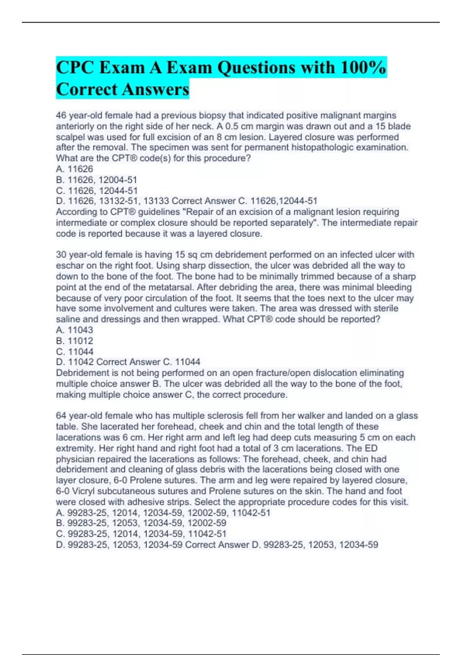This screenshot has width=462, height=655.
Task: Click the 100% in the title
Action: pos(363,68)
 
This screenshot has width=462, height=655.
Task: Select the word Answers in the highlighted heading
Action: pos(156,89)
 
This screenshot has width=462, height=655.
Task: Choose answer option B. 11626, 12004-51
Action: pos(97,180)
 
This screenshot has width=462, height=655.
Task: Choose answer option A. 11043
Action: pos(75,330)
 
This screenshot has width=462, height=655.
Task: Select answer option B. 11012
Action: pos(75,341)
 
